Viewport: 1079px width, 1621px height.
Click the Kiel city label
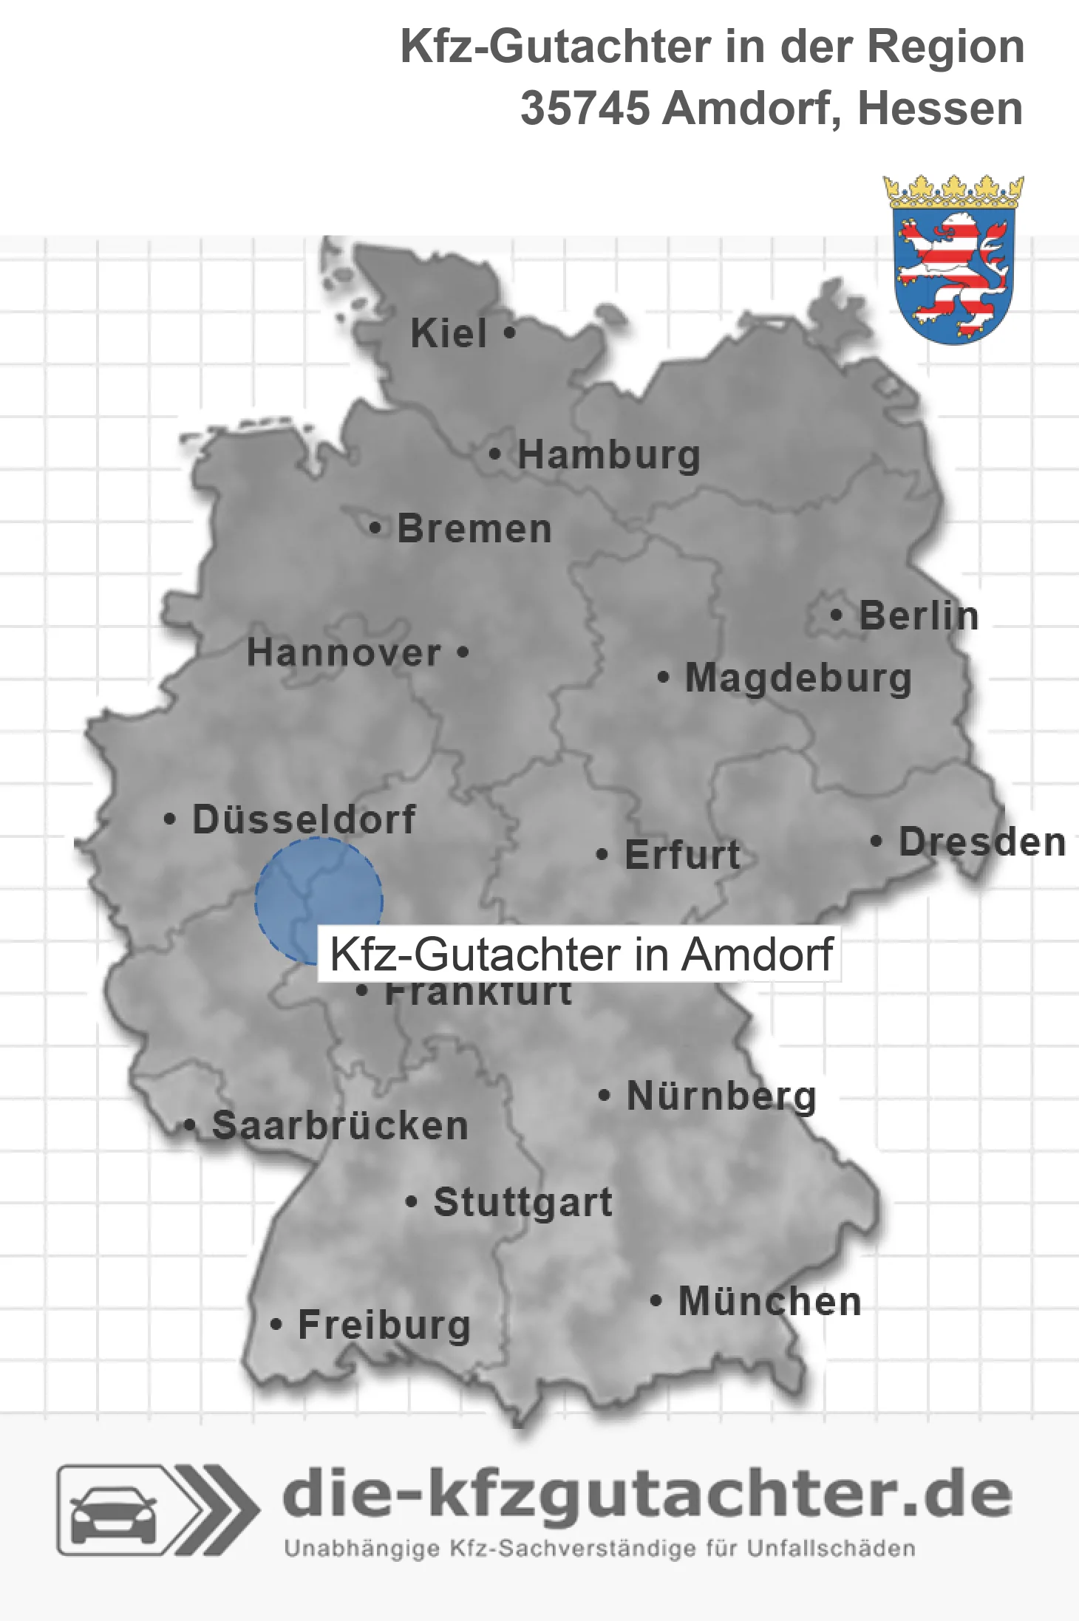449,333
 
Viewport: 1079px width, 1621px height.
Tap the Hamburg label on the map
608,454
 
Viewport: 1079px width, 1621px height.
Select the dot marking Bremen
376,528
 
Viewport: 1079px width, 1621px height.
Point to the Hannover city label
344,653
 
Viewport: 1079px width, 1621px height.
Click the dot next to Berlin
836,615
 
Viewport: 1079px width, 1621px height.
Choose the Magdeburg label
798,678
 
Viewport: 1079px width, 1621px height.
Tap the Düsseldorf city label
304,819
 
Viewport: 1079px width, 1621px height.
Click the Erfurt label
681,855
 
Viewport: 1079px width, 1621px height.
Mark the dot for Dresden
876,841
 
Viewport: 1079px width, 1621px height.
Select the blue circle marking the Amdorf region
319,901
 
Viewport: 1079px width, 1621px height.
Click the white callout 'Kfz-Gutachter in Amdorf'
580,954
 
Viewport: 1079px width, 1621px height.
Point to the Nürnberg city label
721,1096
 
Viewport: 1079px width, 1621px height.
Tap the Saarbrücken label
340,1126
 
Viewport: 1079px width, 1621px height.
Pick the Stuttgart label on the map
523,1202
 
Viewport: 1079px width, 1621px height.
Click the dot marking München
655,1301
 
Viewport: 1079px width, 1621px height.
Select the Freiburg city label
384,1325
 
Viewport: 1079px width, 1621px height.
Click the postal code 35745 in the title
585,109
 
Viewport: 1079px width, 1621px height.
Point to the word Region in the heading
945,47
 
